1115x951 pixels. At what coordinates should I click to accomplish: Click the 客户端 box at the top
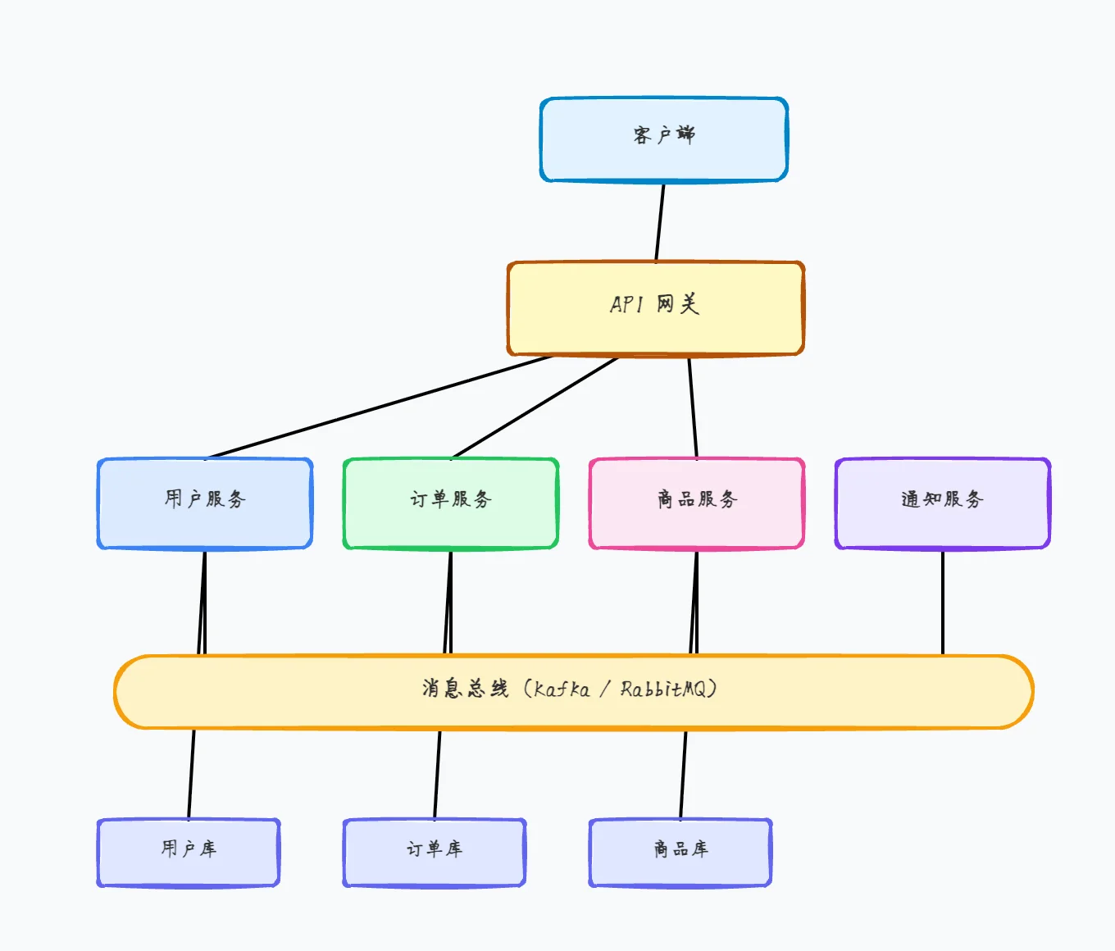[664, 139]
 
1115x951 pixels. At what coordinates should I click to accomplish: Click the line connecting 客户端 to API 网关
[660, 222]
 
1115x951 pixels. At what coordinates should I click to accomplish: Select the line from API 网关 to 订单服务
[535, 407]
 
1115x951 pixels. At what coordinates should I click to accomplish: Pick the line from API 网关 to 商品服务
[693, 407]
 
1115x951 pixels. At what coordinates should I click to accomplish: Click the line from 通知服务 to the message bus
[943, 603]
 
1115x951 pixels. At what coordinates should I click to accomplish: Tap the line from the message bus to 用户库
[191, 774]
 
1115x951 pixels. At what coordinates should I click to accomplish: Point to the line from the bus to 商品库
[683, 774]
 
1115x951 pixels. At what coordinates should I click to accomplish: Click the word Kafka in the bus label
[562, 689]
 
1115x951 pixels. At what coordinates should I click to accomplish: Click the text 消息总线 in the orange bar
[465, 689]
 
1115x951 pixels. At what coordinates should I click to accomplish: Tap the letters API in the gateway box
[626, 304]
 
